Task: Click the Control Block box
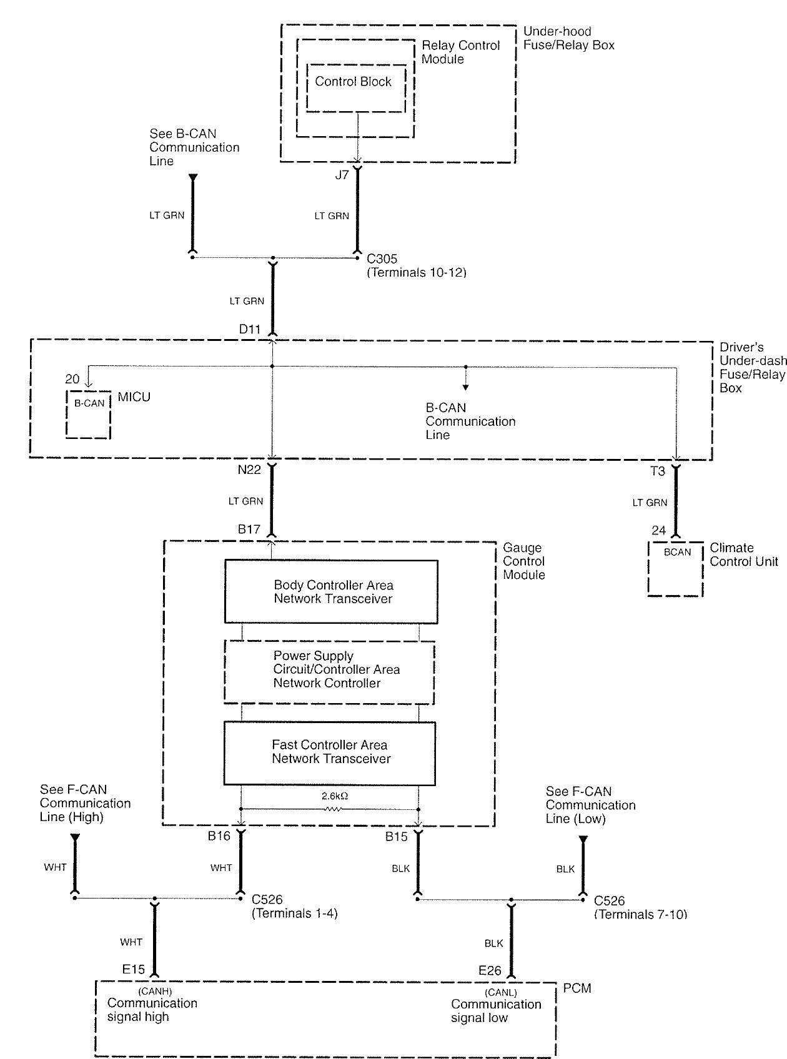click(x=355, y=88)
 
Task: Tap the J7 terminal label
click(x=342, y=175)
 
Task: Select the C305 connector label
click(x=382, y=259)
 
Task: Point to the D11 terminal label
click(x=250, y=329)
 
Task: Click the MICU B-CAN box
click(x=89, y=414)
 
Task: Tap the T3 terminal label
click(x=658, y=471)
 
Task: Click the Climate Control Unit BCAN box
click(x=676, y=568)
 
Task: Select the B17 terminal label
click(x=249, y=529)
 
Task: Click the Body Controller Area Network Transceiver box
click(x=331, y=592)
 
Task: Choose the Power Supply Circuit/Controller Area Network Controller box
click(x=329, y=672)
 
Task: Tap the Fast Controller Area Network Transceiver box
click(x=330, y=753)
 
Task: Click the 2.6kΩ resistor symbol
click(x=332, y=809)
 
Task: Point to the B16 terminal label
click(x=219, y=836)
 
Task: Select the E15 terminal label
click(x=134, y=970)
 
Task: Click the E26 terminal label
click(x=490, y=970)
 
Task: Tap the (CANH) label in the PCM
click(x=154, y=991)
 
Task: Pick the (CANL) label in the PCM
click(x=500, y=992)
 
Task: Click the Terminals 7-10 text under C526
click(x=640, y=915)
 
